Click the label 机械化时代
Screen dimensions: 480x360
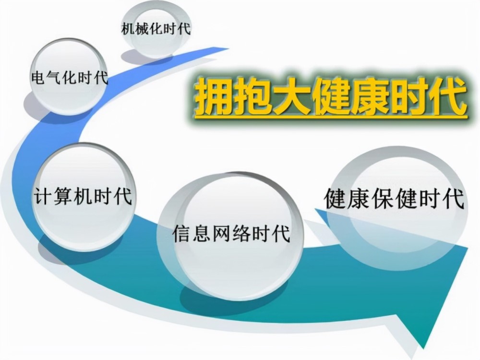pyautogui.click(x=156, y=29)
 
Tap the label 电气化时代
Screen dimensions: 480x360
pyautogui.click(x=70, y=77)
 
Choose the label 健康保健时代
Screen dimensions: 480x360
pyautogui.click(x=395, y=199)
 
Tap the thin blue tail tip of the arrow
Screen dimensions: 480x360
pyautogui.click(x=227, y=48)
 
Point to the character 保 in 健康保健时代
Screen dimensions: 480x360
pyautogui.click(x=384, y=199)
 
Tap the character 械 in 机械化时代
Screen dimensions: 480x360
pyautogui.click(x=142, y=29)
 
